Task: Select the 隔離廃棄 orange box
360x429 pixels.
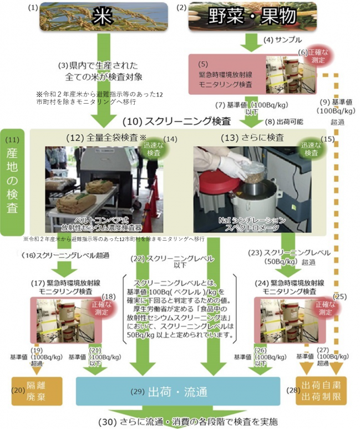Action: click(34, 391)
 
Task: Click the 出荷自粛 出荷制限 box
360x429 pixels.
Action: click(322, 391)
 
